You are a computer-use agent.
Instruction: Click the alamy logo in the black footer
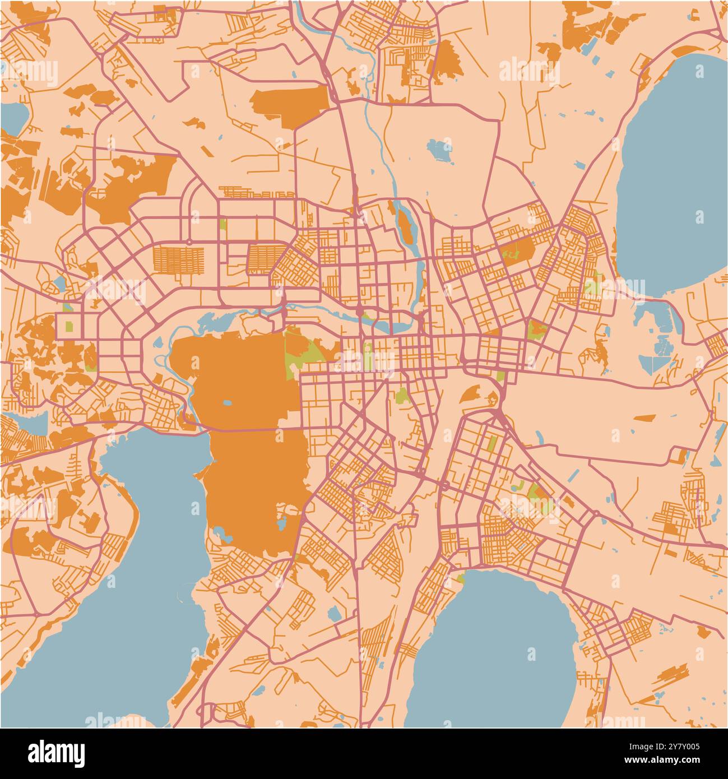tap(56, 752)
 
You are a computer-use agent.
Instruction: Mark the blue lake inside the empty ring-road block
tap(440, 150)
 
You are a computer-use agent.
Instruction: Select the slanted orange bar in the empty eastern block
tap(644, 418)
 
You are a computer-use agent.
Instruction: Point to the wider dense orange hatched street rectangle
tap(177, 259)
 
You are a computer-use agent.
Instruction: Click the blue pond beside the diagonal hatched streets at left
tap(59, 284)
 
